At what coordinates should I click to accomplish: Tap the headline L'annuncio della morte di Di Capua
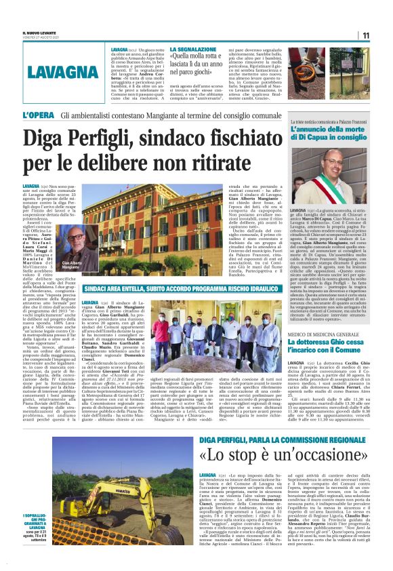[x=328, y=132]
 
